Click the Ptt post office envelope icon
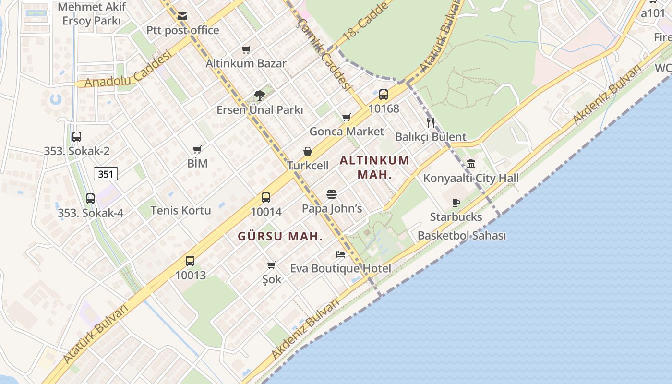[x=182, y=16]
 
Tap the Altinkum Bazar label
[x=246, y=63]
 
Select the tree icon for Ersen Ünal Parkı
[x=260, y=95]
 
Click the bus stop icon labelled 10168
[x=383, y=94]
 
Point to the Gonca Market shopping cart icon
[x=347, y=117]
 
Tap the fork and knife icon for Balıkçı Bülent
[x=431, y=122]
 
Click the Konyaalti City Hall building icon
[x=471, y=164]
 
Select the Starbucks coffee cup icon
[x=456, y=203]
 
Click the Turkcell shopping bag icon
[x=308, y=151]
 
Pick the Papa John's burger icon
[x=332, y=194]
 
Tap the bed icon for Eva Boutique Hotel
[x=340, y=254]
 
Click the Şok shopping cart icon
[x=272, y=265]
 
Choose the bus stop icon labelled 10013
[x=190, y=261]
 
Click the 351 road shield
[x=106, y=174]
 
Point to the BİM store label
[x=197, y=164]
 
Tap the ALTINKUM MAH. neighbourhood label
[x=374, y=167]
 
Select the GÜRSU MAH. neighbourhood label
[x=280, y=236]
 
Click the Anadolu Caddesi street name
[x=128, y=70]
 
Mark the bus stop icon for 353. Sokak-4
[x=90, y=198]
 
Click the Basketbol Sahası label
[x=462, y=236]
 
